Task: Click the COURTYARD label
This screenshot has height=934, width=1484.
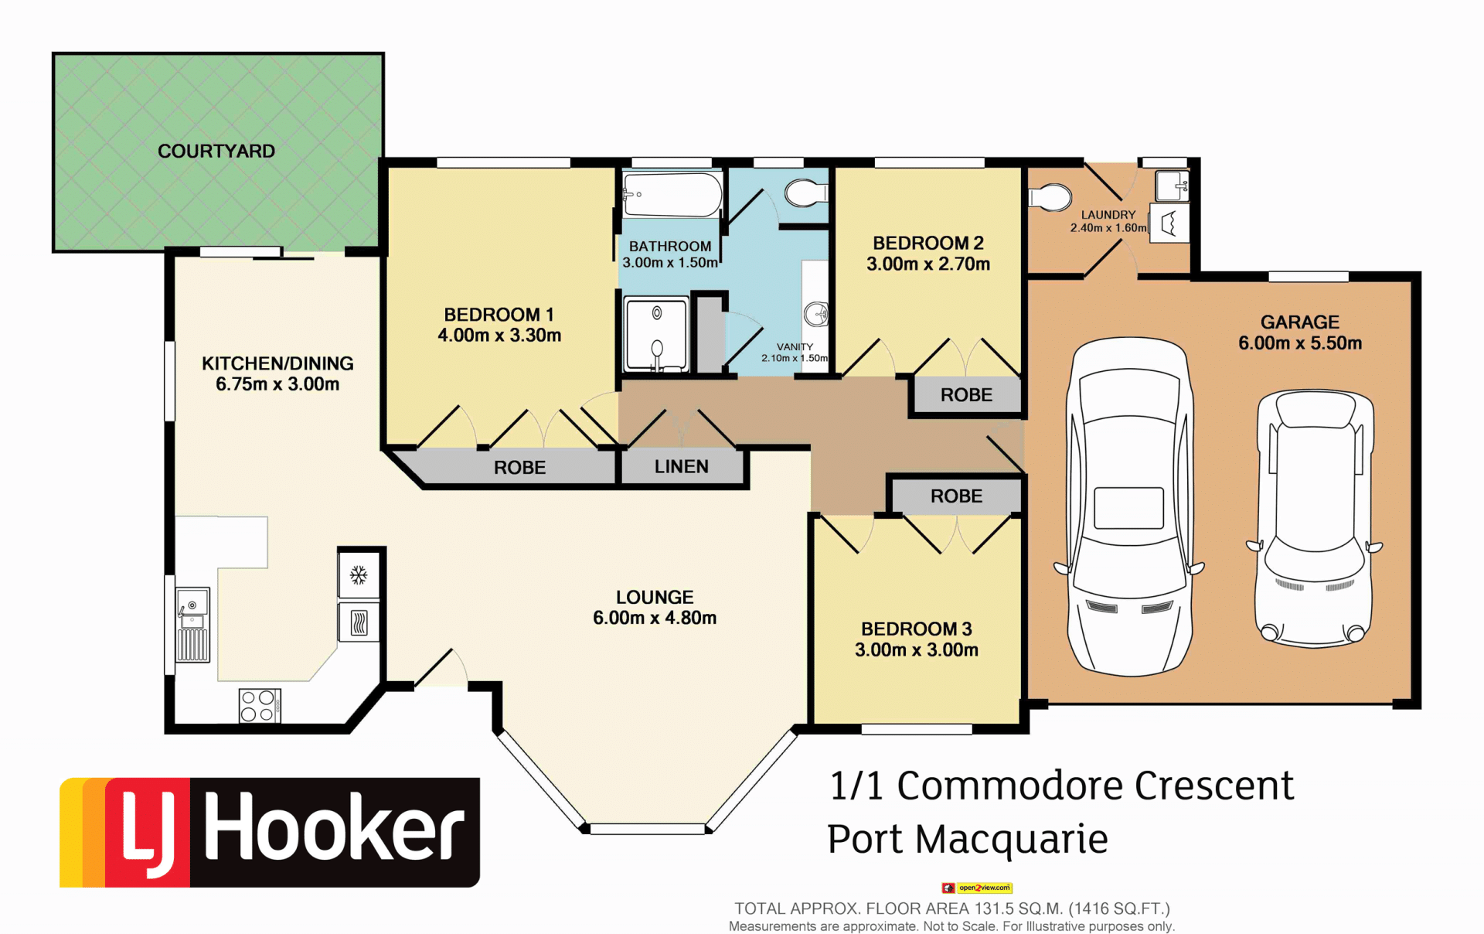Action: coord(216,151)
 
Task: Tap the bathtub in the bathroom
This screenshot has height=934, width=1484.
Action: coord(672,194)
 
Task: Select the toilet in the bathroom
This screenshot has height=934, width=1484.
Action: coord(806,193)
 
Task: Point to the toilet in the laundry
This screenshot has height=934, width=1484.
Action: coord(1050,197)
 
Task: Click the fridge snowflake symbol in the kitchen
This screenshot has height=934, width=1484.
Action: coord(359,574)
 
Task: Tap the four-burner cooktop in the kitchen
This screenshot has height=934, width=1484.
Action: coord(260,705)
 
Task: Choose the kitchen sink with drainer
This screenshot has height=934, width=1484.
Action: coord(192,625)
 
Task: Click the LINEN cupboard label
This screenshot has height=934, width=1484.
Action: coord(682,466)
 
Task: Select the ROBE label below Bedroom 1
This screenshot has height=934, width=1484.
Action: coord(519,467)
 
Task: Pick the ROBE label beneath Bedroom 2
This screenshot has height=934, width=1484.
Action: coord(966,394)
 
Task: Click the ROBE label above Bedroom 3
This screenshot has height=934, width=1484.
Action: coord(956,496)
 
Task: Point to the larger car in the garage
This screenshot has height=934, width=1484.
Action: coord(1129,506)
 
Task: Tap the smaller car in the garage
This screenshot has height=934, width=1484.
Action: coord(1314,518)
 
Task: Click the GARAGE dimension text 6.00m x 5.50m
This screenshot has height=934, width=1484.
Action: coord(1300,343)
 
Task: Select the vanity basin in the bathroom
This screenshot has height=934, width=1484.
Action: coord(816,314)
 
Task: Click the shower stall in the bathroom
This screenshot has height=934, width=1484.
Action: coord(657,334)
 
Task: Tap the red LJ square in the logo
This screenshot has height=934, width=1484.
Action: coord(147,832)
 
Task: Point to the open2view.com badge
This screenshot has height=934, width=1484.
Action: coord(977,888)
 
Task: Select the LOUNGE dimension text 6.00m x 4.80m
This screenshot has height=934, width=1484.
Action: coord(655,618)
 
